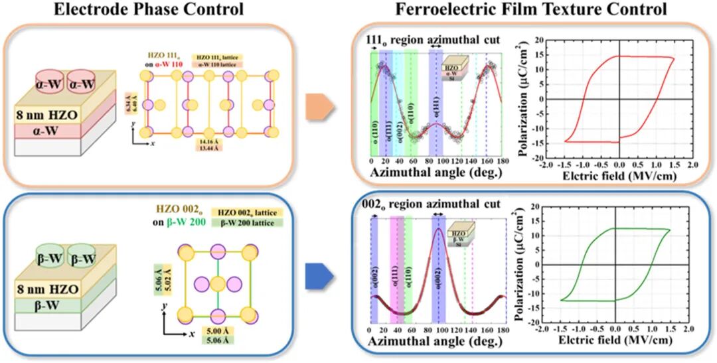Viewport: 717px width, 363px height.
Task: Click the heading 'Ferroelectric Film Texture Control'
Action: point(530,10)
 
